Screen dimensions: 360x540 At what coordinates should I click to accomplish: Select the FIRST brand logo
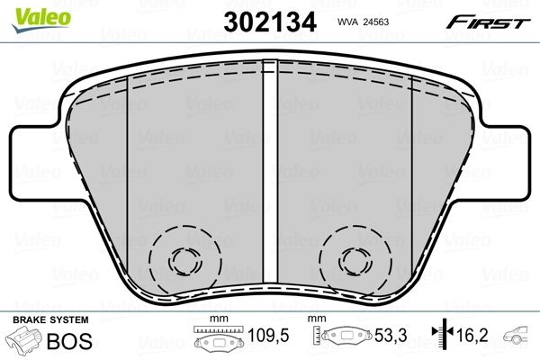(490, 22)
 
